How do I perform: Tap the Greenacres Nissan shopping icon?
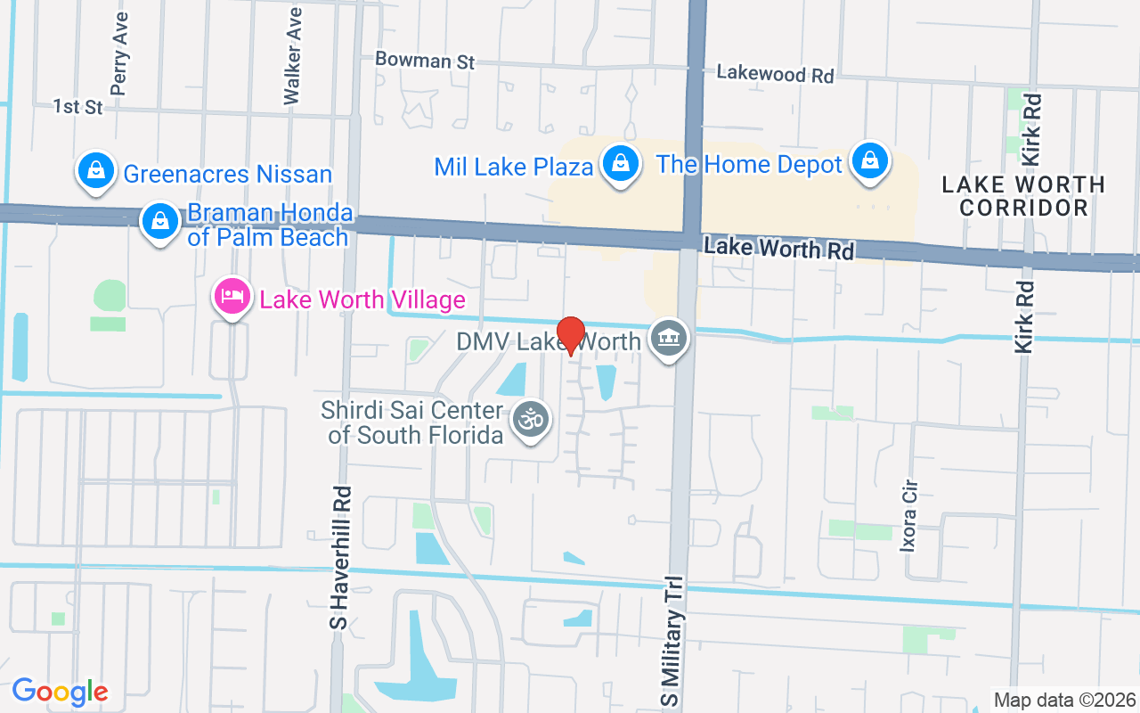click(x=94, y=170)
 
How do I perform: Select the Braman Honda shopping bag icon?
click(x=160, y=222)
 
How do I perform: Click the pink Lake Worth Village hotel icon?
click(x=232, y=297)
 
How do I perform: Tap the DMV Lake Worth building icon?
click(x=669, y=340)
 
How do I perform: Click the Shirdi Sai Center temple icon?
click(x=532, y=420)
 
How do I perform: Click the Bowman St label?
click(x=425, y=60)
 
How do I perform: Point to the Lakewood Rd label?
click(x=775, y=74)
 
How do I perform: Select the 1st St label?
click(x=78, y=107)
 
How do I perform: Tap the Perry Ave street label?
click(x=119, y=53)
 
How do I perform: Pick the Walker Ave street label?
click(x=293, y=56)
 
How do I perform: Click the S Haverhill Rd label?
click(x=340, y=557)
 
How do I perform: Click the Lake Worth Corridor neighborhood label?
click(x=1023, y=196)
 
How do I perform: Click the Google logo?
click(x=60, y=692)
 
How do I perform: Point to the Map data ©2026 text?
click(x=1064, y=700)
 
